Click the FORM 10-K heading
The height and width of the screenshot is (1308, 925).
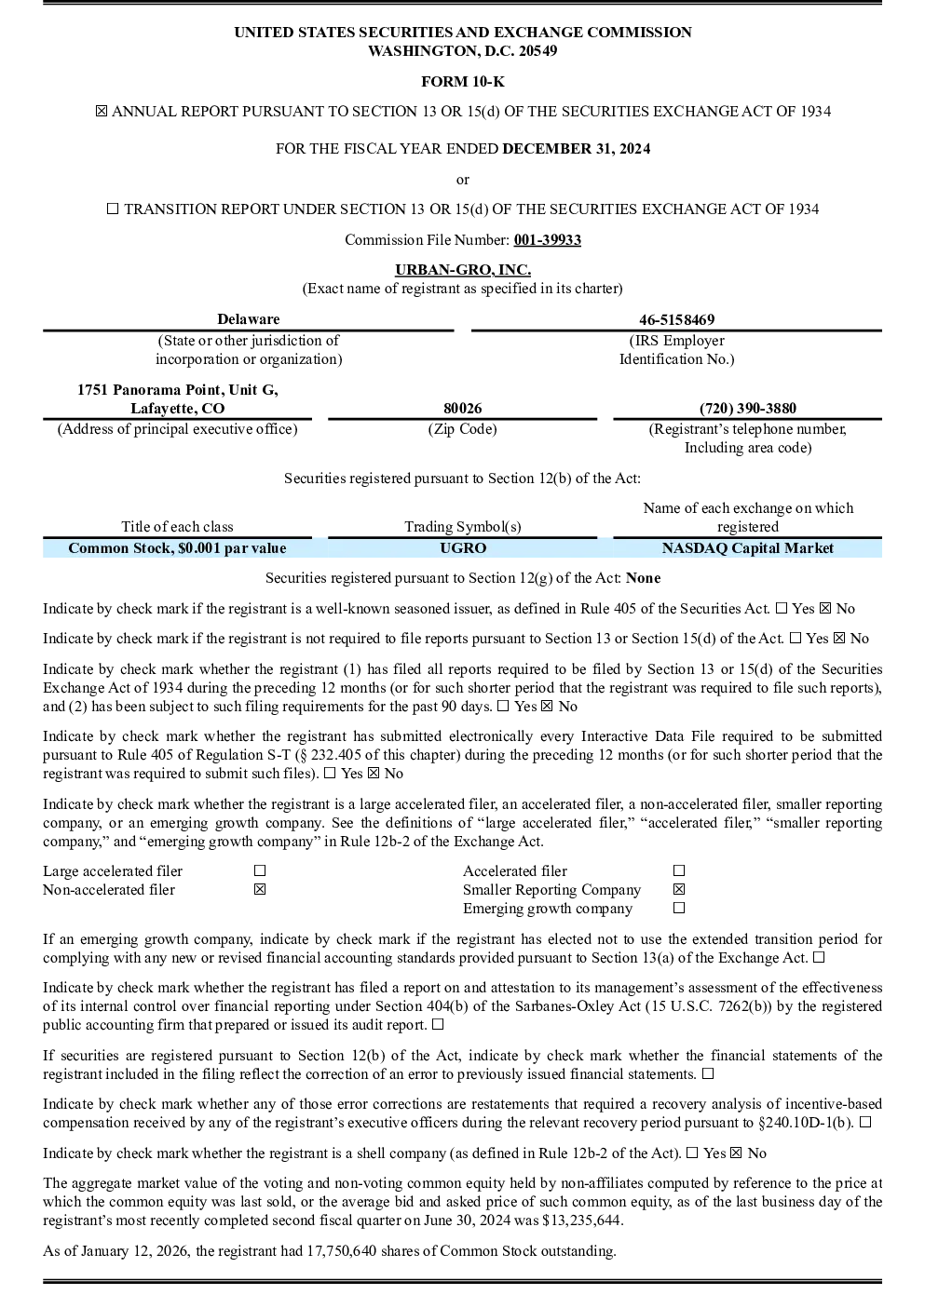click(462, 81)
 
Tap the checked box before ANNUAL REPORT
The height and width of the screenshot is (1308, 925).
click(102, 111)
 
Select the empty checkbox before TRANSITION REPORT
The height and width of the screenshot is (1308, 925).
click(113, 209)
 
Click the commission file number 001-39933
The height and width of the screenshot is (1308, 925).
click(548, 239)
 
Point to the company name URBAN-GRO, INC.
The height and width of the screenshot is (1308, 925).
click(463, 270)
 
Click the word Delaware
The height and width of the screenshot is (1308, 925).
click(249, 318)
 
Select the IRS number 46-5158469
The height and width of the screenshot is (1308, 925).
click(676, 319)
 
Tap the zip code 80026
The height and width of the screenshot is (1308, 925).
click(462, 408)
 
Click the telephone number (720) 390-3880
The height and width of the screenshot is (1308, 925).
click(747, 408)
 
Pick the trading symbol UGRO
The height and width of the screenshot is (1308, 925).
click(463, 547)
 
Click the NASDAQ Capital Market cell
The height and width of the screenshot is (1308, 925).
click(747, 547)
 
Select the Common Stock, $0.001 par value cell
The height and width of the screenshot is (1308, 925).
click(177, 547)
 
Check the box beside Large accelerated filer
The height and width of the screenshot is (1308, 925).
click(260, 870)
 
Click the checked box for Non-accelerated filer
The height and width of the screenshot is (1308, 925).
click(260, 889)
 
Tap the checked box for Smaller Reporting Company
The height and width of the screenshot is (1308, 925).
click(679, 889)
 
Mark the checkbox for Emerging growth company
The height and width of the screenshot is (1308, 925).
click(679, 908)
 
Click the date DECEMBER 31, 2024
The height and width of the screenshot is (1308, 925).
click(577, 148)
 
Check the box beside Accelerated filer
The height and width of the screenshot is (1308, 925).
click(679, 870)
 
